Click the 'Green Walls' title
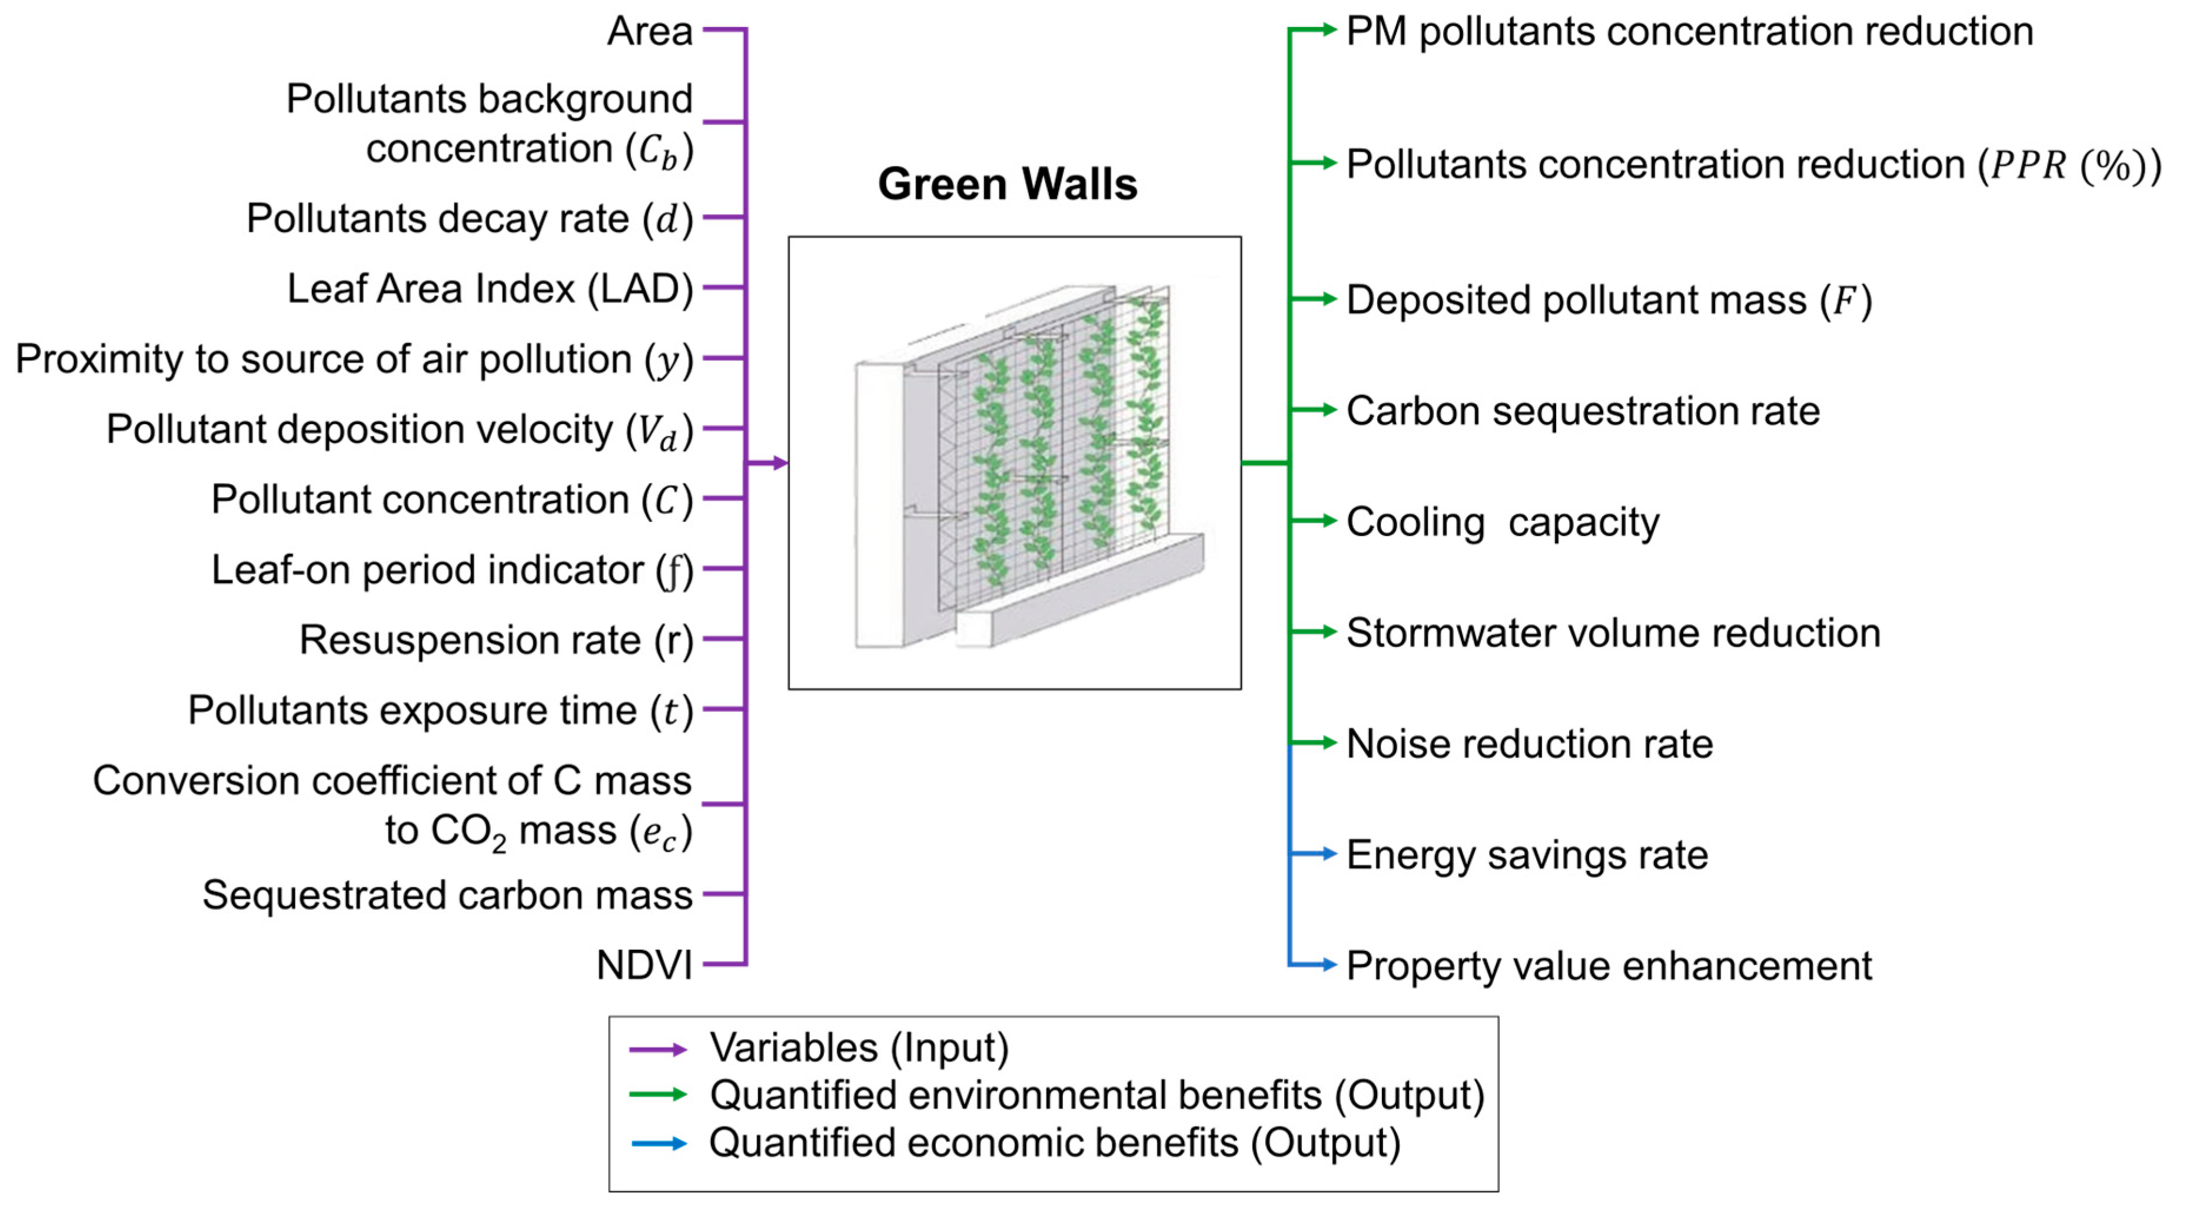1008,184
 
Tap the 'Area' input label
650,32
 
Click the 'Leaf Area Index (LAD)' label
490,289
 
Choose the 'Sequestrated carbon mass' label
448,895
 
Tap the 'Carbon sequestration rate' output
1583,411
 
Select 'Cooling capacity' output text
1502,522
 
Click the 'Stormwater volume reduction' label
1613,633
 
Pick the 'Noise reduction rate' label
1530,744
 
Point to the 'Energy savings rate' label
1527,855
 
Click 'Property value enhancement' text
1609,966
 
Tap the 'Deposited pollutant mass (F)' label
1609,301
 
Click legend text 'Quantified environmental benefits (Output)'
1096,1096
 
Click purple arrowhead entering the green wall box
780,463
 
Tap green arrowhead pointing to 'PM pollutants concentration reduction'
1328,31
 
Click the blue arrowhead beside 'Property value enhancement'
1328,964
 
